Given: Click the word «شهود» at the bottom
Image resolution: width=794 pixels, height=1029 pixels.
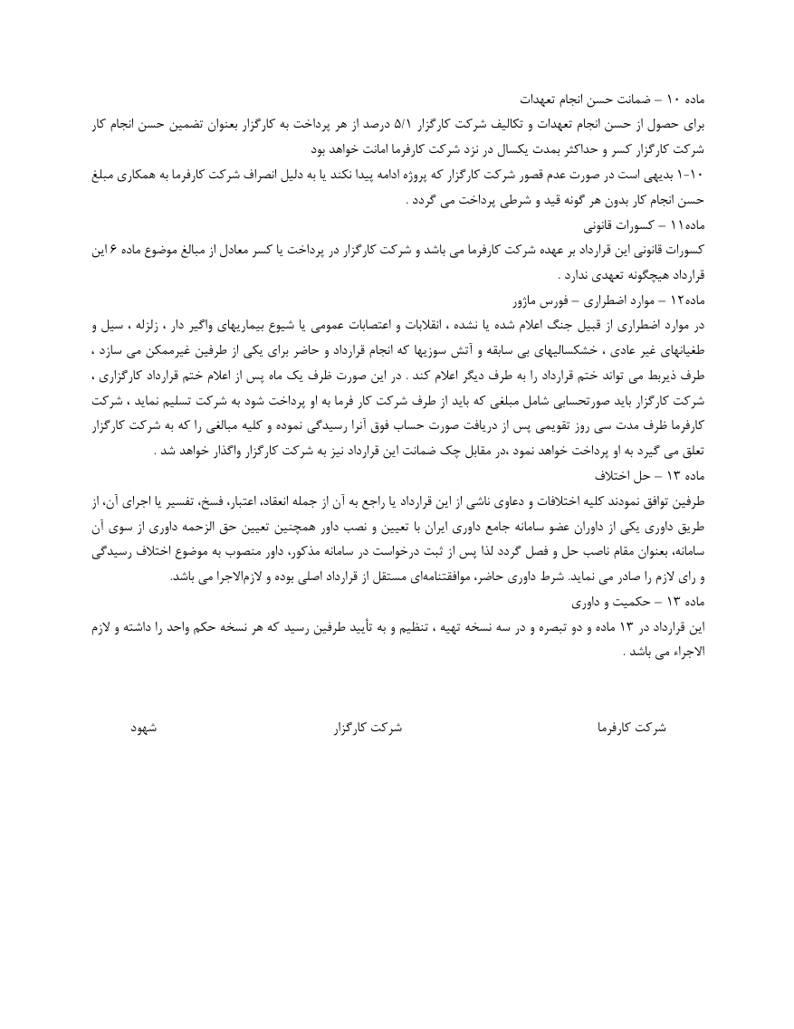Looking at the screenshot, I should click(145, 727).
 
